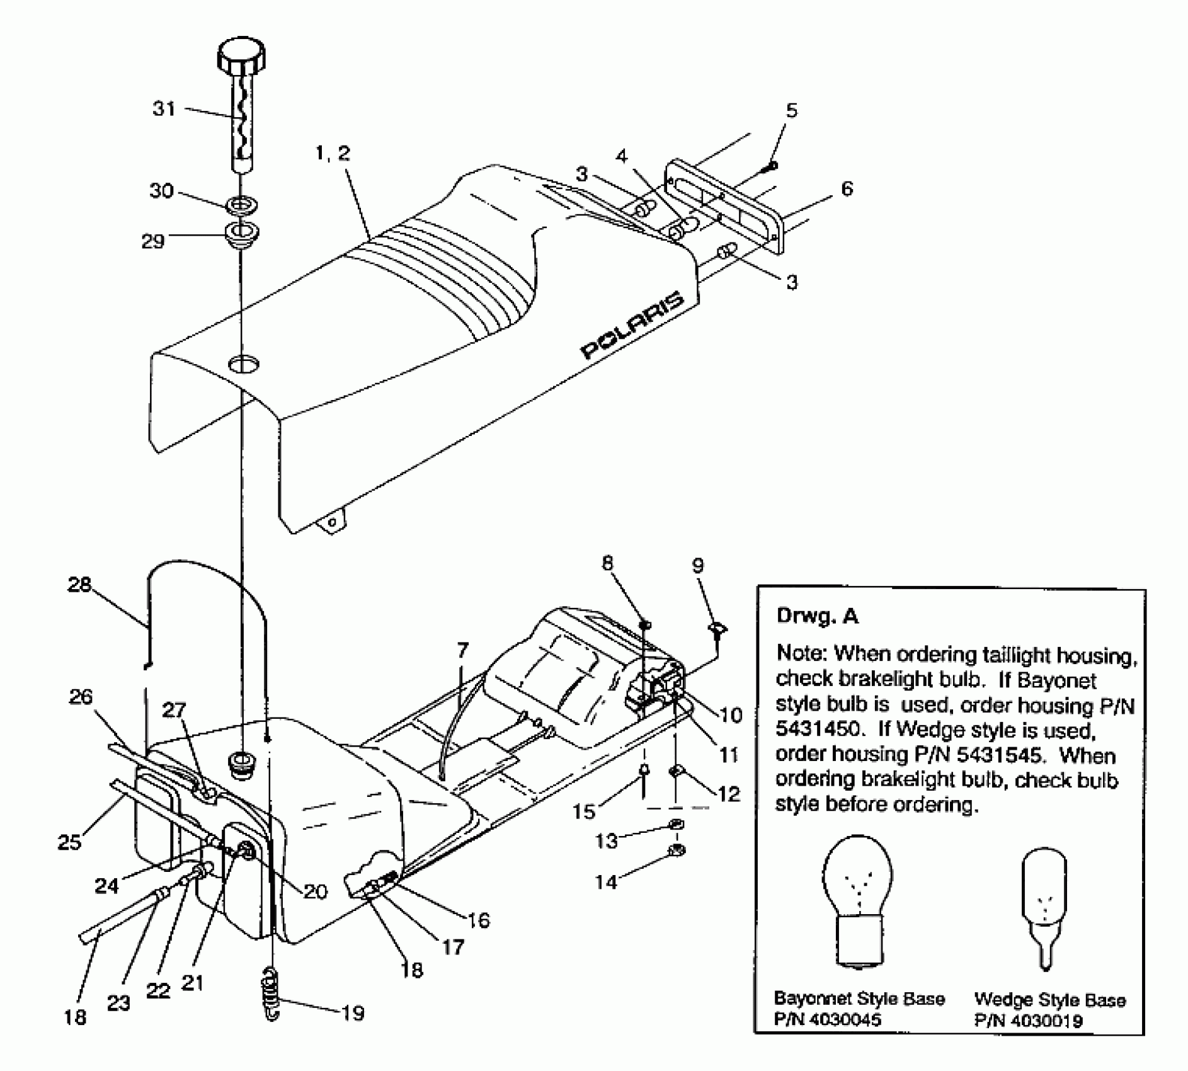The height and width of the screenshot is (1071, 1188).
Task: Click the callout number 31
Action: [x=164, y=108]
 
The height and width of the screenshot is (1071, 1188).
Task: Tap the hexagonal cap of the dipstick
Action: [x=242, y=56]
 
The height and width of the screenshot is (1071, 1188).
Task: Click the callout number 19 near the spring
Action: [x=352, y=1013]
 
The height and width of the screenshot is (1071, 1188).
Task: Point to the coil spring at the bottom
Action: [x=271, y=995]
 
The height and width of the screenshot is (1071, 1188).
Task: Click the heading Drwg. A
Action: [x=817, y=615]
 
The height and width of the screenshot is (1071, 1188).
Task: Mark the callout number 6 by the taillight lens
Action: [x=847, y=188]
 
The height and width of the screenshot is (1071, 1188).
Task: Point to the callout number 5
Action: [x=792, y=110]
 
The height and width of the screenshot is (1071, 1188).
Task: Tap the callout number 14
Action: [x=606, y=882]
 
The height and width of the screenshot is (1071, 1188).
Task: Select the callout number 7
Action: [x=463, y=650]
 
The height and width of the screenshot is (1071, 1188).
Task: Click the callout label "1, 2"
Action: [x=331, y=153]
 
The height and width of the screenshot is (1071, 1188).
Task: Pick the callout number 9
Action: [x=698, y=566]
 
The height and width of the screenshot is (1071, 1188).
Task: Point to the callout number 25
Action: [x=69, y=842]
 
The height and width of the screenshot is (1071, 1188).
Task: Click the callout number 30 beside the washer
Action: [x=161, y=190]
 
